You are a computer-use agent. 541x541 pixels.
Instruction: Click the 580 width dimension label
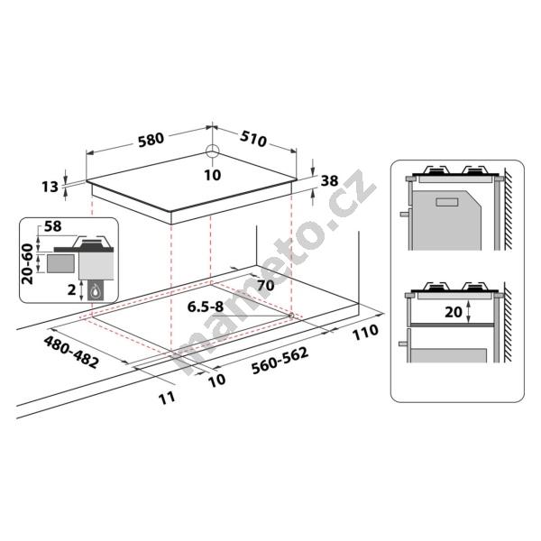click(151, 140)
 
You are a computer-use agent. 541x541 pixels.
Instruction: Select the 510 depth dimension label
click(253, 139)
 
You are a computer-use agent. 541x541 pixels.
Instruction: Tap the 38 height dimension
click(329, 181)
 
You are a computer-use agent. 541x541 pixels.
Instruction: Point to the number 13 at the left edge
click(50, 187)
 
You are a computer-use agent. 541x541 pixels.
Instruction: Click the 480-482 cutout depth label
click(71, 352)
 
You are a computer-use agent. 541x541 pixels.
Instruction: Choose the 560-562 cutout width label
click(280, 361)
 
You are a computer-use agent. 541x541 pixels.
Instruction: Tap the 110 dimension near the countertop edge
click(365, 332)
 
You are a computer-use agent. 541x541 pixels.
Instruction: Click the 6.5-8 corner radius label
click(206, 307)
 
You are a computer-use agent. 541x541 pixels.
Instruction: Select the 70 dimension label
click(266, 285)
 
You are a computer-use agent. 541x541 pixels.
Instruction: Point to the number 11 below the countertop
click(167, 399)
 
